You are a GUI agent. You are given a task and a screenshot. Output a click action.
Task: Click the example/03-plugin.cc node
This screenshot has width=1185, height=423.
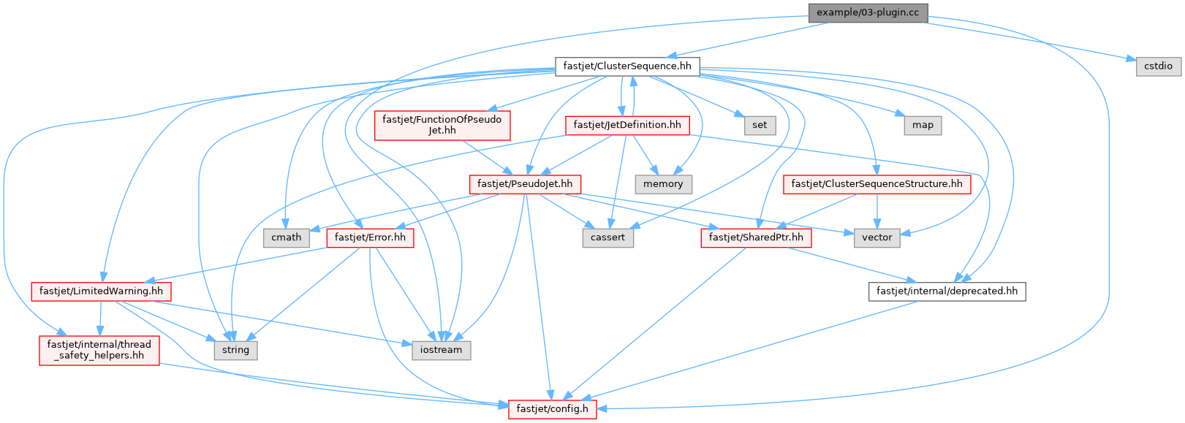pyautogui.click(x=868, y=12)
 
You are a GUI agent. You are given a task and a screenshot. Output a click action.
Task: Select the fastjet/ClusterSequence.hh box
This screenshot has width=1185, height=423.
pyautogui.click(x=626, y=66)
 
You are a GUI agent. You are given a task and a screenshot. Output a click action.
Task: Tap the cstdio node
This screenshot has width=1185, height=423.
pyautogui.click(x=1158, y=66)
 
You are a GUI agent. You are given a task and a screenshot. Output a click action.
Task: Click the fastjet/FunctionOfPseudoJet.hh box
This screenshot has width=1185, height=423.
pyautogui.click(x=442, y=125)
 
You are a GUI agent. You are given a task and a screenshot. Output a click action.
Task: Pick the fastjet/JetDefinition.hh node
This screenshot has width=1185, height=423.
pyautogui.click(x=626, y=125)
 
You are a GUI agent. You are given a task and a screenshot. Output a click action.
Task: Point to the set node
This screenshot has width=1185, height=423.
pyautogui.click(x=760, y=125)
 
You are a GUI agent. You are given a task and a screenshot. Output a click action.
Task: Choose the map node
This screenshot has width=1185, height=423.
pyautogui.click(x=923, y=125)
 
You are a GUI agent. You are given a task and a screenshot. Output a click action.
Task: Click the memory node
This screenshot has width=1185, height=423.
pyautogui.click(x=663, y=184)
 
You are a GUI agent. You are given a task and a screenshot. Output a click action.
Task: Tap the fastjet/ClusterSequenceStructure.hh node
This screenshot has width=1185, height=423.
pyautogui.click(x=877, y=184)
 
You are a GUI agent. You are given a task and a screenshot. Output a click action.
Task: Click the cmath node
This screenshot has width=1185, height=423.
pyautogui.click(x=287, y=237)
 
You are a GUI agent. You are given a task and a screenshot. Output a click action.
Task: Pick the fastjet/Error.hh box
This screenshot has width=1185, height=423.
pyautogui.click(x=370, y=237)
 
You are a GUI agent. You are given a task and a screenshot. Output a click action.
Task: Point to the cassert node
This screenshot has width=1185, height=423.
pyautogui.click(x=607, y=237)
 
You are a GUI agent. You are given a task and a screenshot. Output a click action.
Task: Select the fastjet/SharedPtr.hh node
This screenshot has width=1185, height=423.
pyautogui.click(x=756, y=237)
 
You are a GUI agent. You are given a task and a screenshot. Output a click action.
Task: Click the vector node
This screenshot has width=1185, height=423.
pyautogui.click(x=877, y=237)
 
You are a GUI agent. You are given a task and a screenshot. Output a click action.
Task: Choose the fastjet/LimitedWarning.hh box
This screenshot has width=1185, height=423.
pyautogui.click(x=101, y=291)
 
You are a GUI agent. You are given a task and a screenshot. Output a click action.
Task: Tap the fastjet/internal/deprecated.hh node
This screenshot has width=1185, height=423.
pyautogui.click(x=947, y=291)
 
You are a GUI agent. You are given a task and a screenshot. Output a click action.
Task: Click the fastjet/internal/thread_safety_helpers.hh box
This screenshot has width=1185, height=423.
pyautogui.click(x=99, y=350)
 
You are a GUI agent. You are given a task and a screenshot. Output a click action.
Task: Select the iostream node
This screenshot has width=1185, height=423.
pyautogui.click(x=441, y=350)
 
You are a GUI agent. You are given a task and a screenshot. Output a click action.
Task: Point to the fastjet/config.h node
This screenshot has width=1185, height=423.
pyautogui.click(x=552, y=409)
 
